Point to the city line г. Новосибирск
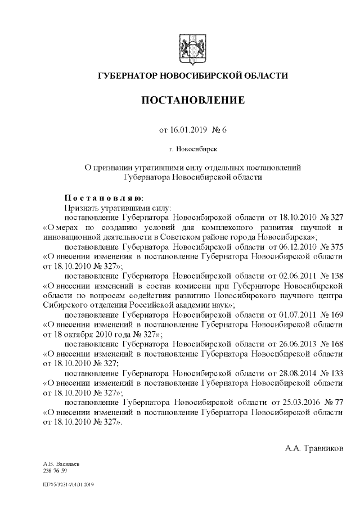click(x=192, y=150)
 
